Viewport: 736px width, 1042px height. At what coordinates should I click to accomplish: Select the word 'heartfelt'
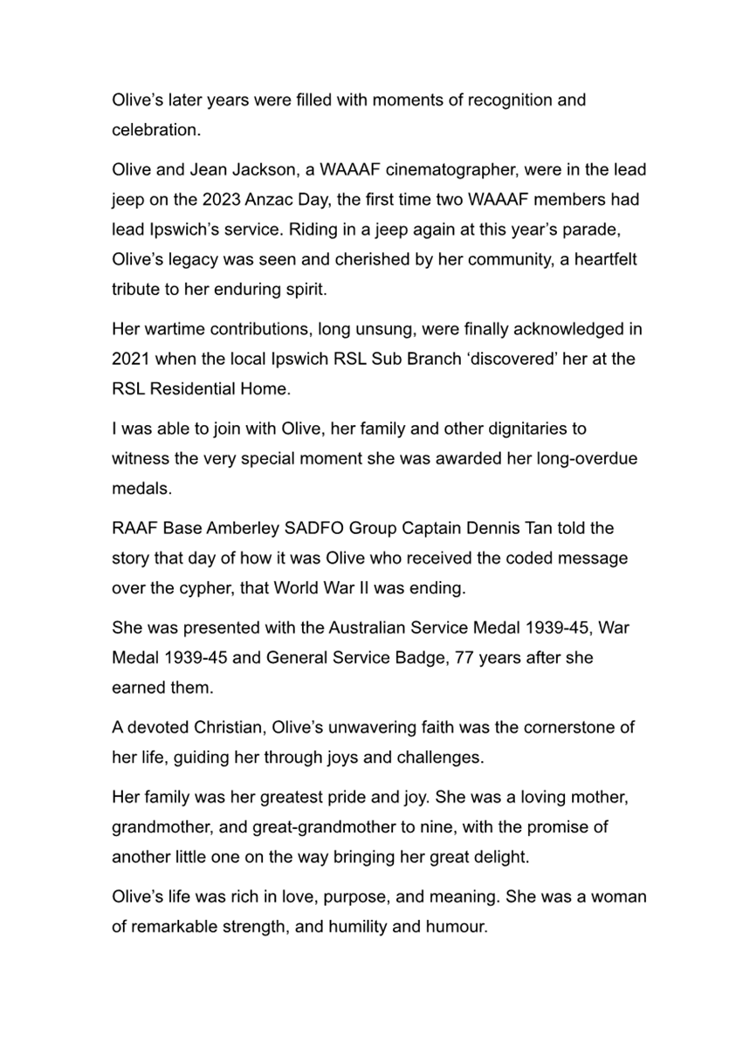pos(610,259)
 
